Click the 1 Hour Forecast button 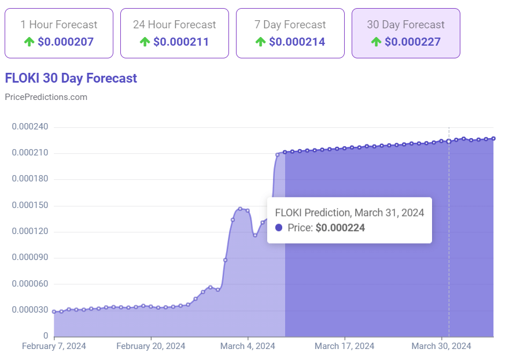click(58, 33)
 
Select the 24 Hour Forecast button click(174, 33)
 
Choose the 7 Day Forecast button click(290, 33)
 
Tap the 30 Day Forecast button click(405, 33)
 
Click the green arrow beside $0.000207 click(29, 42)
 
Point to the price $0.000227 click(412, 42)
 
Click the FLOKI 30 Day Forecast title click(71, 78)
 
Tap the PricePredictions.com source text click(46, 97)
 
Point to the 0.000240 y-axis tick click(30, 127)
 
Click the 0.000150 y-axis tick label click(30, 206)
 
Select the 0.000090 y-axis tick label click(30, 258)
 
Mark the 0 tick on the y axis click(45, 336)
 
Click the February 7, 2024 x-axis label click(54, 346)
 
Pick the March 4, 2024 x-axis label click(248, 346)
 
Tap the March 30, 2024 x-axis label click(441, 346)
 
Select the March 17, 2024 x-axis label click(345, 346)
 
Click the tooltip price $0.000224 click(340, 228)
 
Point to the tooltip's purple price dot click(279, 228)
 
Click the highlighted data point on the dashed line click(449, 141)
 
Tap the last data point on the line click(493, 138)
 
